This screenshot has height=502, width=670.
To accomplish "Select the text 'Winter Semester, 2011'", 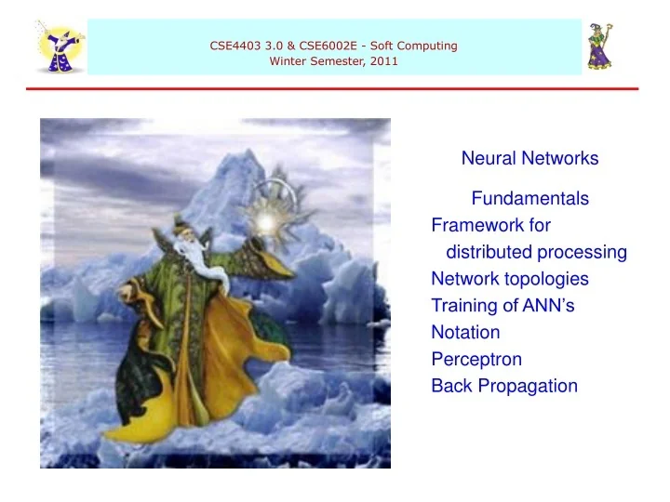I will (x=334, y=62).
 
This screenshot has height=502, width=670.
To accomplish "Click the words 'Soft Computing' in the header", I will (x=416, y=46).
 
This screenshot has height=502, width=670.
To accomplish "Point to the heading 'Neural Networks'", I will (x=529, y=159).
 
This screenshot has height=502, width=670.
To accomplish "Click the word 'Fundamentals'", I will (x=529, y=198).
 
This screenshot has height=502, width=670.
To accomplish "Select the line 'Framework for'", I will (x=490, y=225).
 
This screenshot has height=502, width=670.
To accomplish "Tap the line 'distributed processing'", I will (x=536, y=252).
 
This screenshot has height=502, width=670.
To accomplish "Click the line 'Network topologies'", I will (x=509, y=279).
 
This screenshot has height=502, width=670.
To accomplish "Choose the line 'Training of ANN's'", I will (x=494, y=306).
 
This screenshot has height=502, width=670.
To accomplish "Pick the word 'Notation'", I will (x=465, y=332).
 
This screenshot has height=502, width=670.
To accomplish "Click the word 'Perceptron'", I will (x=476, y=359).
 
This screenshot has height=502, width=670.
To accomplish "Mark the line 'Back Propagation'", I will (x=504, y=386).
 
